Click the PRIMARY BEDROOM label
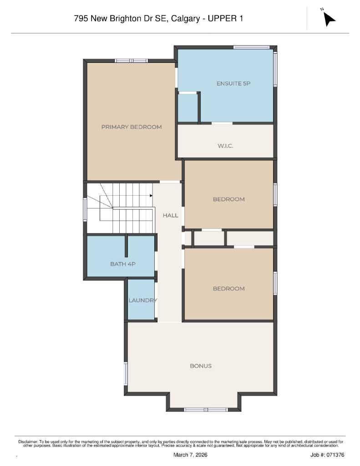[x=131, y=127]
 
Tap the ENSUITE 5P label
[x=233, y=83]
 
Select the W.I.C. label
[x=225, y=146]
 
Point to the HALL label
[x=171, y=215]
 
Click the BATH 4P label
[x=123, y=263]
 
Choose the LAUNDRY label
[x=142, y=300]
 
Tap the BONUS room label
[x=201, y=366]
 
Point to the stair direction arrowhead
[x=151, y=196]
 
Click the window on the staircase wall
[x=85, y=209]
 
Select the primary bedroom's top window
[x=131, y=61]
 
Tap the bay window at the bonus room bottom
[x=205, y=410]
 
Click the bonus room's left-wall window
[x=126, y=374]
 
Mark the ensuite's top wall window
[x=252, y=47]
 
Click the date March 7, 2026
[x=191, y=455]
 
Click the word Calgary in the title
[x=186, y=19]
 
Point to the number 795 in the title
[x=81, y=19]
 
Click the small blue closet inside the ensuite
[x=187, y=108]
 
